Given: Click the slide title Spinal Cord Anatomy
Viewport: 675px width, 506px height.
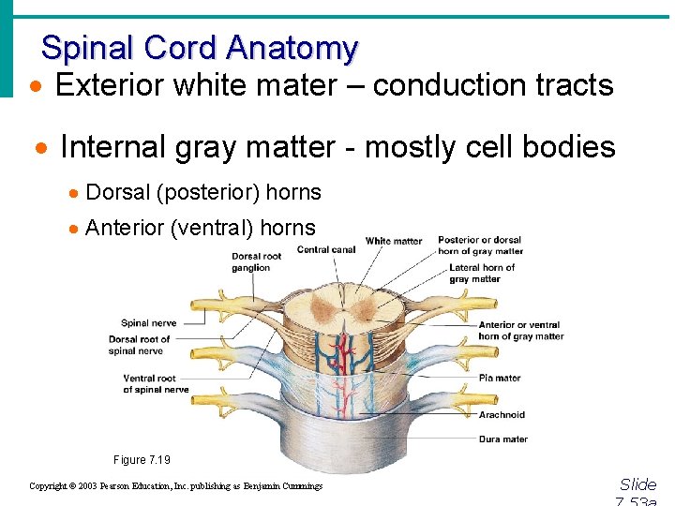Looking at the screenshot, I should [199, 47].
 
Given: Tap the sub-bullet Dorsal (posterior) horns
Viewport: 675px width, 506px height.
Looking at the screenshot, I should [202, 193].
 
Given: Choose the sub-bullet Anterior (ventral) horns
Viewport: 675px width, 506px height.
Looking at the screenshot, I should [200, 228].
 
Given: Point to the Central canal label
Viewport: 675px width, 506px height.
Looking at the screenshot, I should [327, 249].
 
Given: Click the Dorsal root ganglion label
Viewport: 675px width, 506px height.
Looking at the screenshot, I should [257, 261].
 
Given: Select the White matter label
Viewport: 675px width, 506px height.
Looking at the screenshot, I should [394, 241].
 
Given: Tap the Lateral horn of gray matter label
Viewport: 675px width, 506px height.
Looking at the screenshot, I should [482, 273].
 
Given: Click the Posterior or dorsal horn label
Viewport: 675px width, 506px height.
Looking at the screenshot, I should [480, 246].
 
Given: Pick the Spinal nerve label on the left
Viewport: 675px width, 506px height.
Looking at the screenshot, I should [148, 323].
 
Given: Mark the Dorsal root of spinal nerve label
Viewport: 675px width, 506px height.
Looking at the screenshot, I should [140, 345].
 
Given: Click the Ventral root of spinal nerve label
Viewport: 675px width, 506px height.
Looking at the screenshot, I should [156, 384].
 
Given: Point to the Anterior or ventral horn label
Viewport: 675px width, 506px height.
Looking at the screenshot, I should [520, 331].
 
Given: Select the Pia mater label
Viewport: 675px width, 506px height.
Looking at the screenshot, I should [500, 378].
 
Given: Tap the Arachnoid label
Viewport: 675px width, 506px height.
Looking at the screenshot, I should [502, 414].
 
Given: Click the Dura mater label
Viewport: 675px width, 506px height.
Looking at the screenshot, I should [502, 439].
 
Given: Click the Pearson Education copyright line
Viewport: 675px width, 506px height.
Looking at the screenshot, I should [175, 486].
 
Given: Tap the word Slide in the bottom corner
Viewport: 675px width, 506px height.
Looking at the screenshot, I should [638, 484].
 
